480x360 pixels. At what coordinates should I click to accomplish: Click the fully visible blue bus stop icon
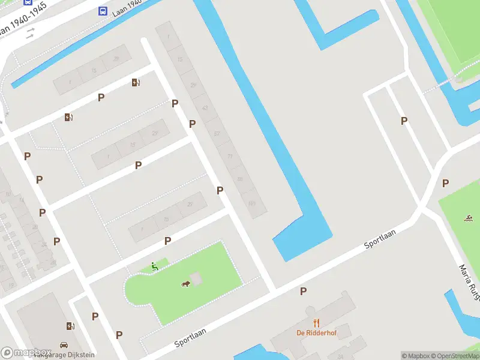click(103, 11)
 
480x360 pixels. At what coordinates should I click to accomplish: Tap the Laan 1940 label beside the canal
click(127, 7)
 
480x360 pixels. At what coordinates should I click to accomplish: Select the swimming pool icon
click(467, 217)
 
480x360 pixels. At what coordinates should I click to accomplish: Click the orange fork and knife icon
click(316, 323)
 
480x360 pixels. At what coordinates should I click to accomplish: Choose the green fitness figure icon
click(155, 266)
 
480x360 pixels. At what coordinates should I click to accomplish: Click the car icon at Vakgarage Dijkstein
click(64, 346)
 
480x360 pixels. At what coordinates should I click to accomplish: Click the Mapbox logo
click(25, 353)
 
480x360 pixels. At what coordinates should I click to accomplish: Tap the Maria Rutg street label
click(470, 282)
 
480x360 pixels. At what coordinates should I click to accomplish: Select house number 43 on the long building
click(205, 108)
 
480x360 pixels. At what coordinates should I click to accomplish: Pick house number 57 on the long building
click(217, 133)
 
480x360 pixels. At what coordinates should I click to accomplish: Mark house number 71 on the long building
click(229, 156)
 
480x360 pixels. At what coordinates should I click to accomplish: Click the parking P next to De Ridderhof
click(304, 291)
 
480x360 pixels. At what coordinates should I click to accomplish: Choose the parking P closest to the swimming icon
click(445, 183)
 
